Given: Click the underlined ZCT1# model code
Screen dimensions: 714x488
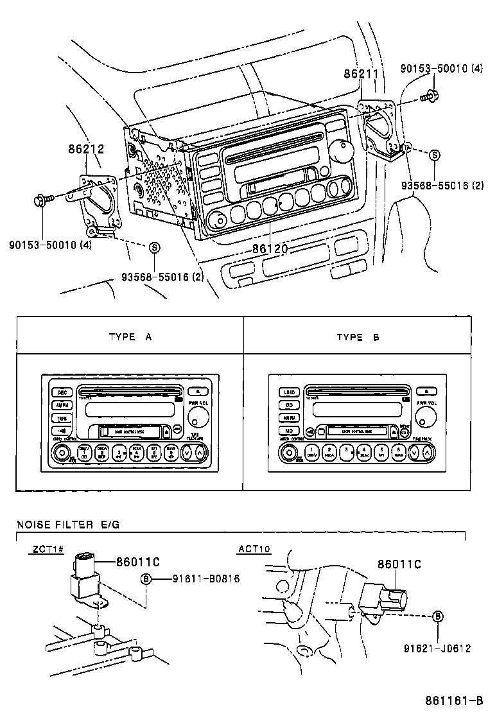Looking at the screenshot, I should tap(45, 549).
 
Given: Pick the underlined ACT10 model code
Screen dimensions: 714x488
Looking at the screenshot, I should tap(254, 549).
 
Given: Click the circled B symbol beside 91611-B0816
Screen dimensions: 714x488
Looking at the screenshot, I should tap(146, 579).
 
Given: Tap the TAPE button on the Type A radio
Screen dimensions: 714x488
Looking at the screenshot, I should tap(62, 417).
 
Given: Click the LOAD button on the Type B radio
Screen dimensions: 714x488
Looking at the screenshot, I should tap(289, 392).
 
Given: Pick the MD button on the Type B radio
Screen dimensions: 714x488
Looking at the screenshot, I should tap(289, 430).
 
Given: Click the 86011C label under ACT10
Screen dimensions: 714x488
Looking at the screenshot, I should tap(399, 564).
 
